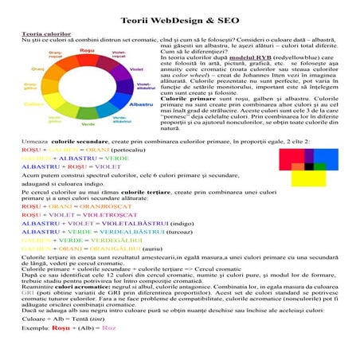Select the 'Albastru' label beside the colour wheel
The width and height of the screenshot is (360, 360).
tap(141, 104)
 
